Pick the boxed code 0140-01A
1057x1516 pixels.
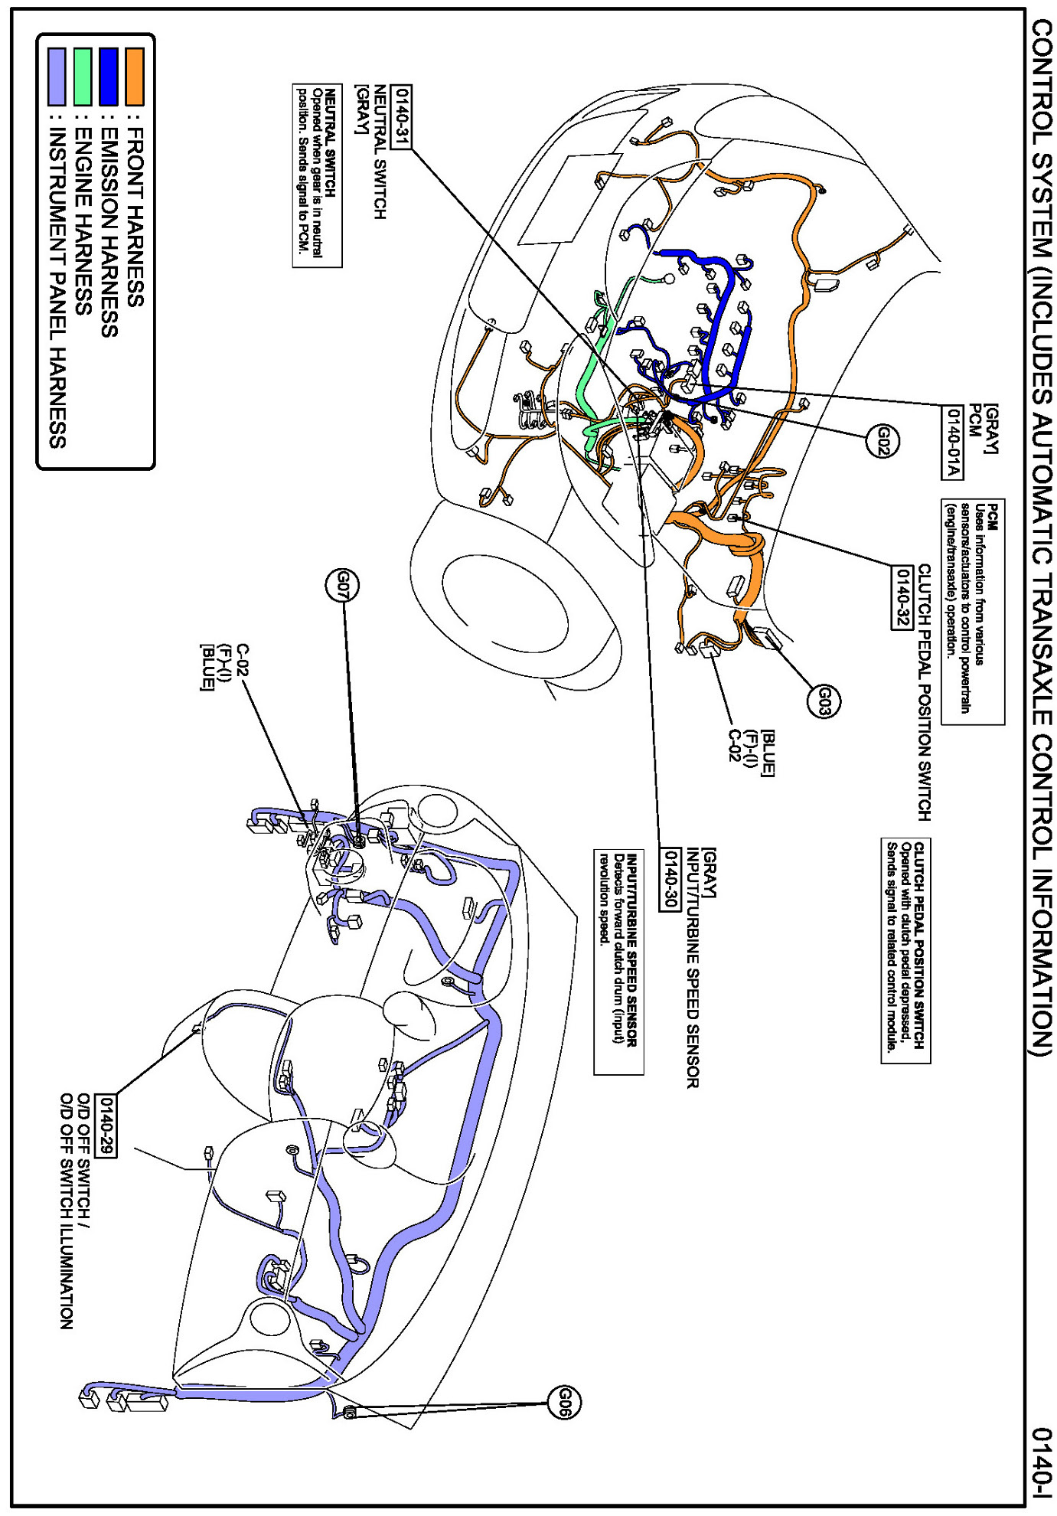[953, 442]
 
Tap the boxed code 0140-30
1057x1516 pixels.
[670, 878]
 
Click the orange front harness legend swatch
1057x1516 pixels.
[135, 77]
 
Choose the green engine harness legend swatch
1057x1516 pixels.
[83, 77]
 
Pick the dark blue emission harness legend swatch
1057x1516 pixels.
[109, 77]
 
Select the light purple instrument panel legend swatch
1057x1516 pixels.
[57, 77]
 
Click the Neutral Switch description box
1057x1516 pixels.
[317, 175]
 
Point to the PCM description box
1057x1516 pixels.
[972, 611]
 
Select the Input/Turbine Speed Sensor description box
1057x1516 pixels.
[618, 961]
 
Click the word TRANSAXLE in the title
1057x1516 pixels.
[1042, 643]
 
